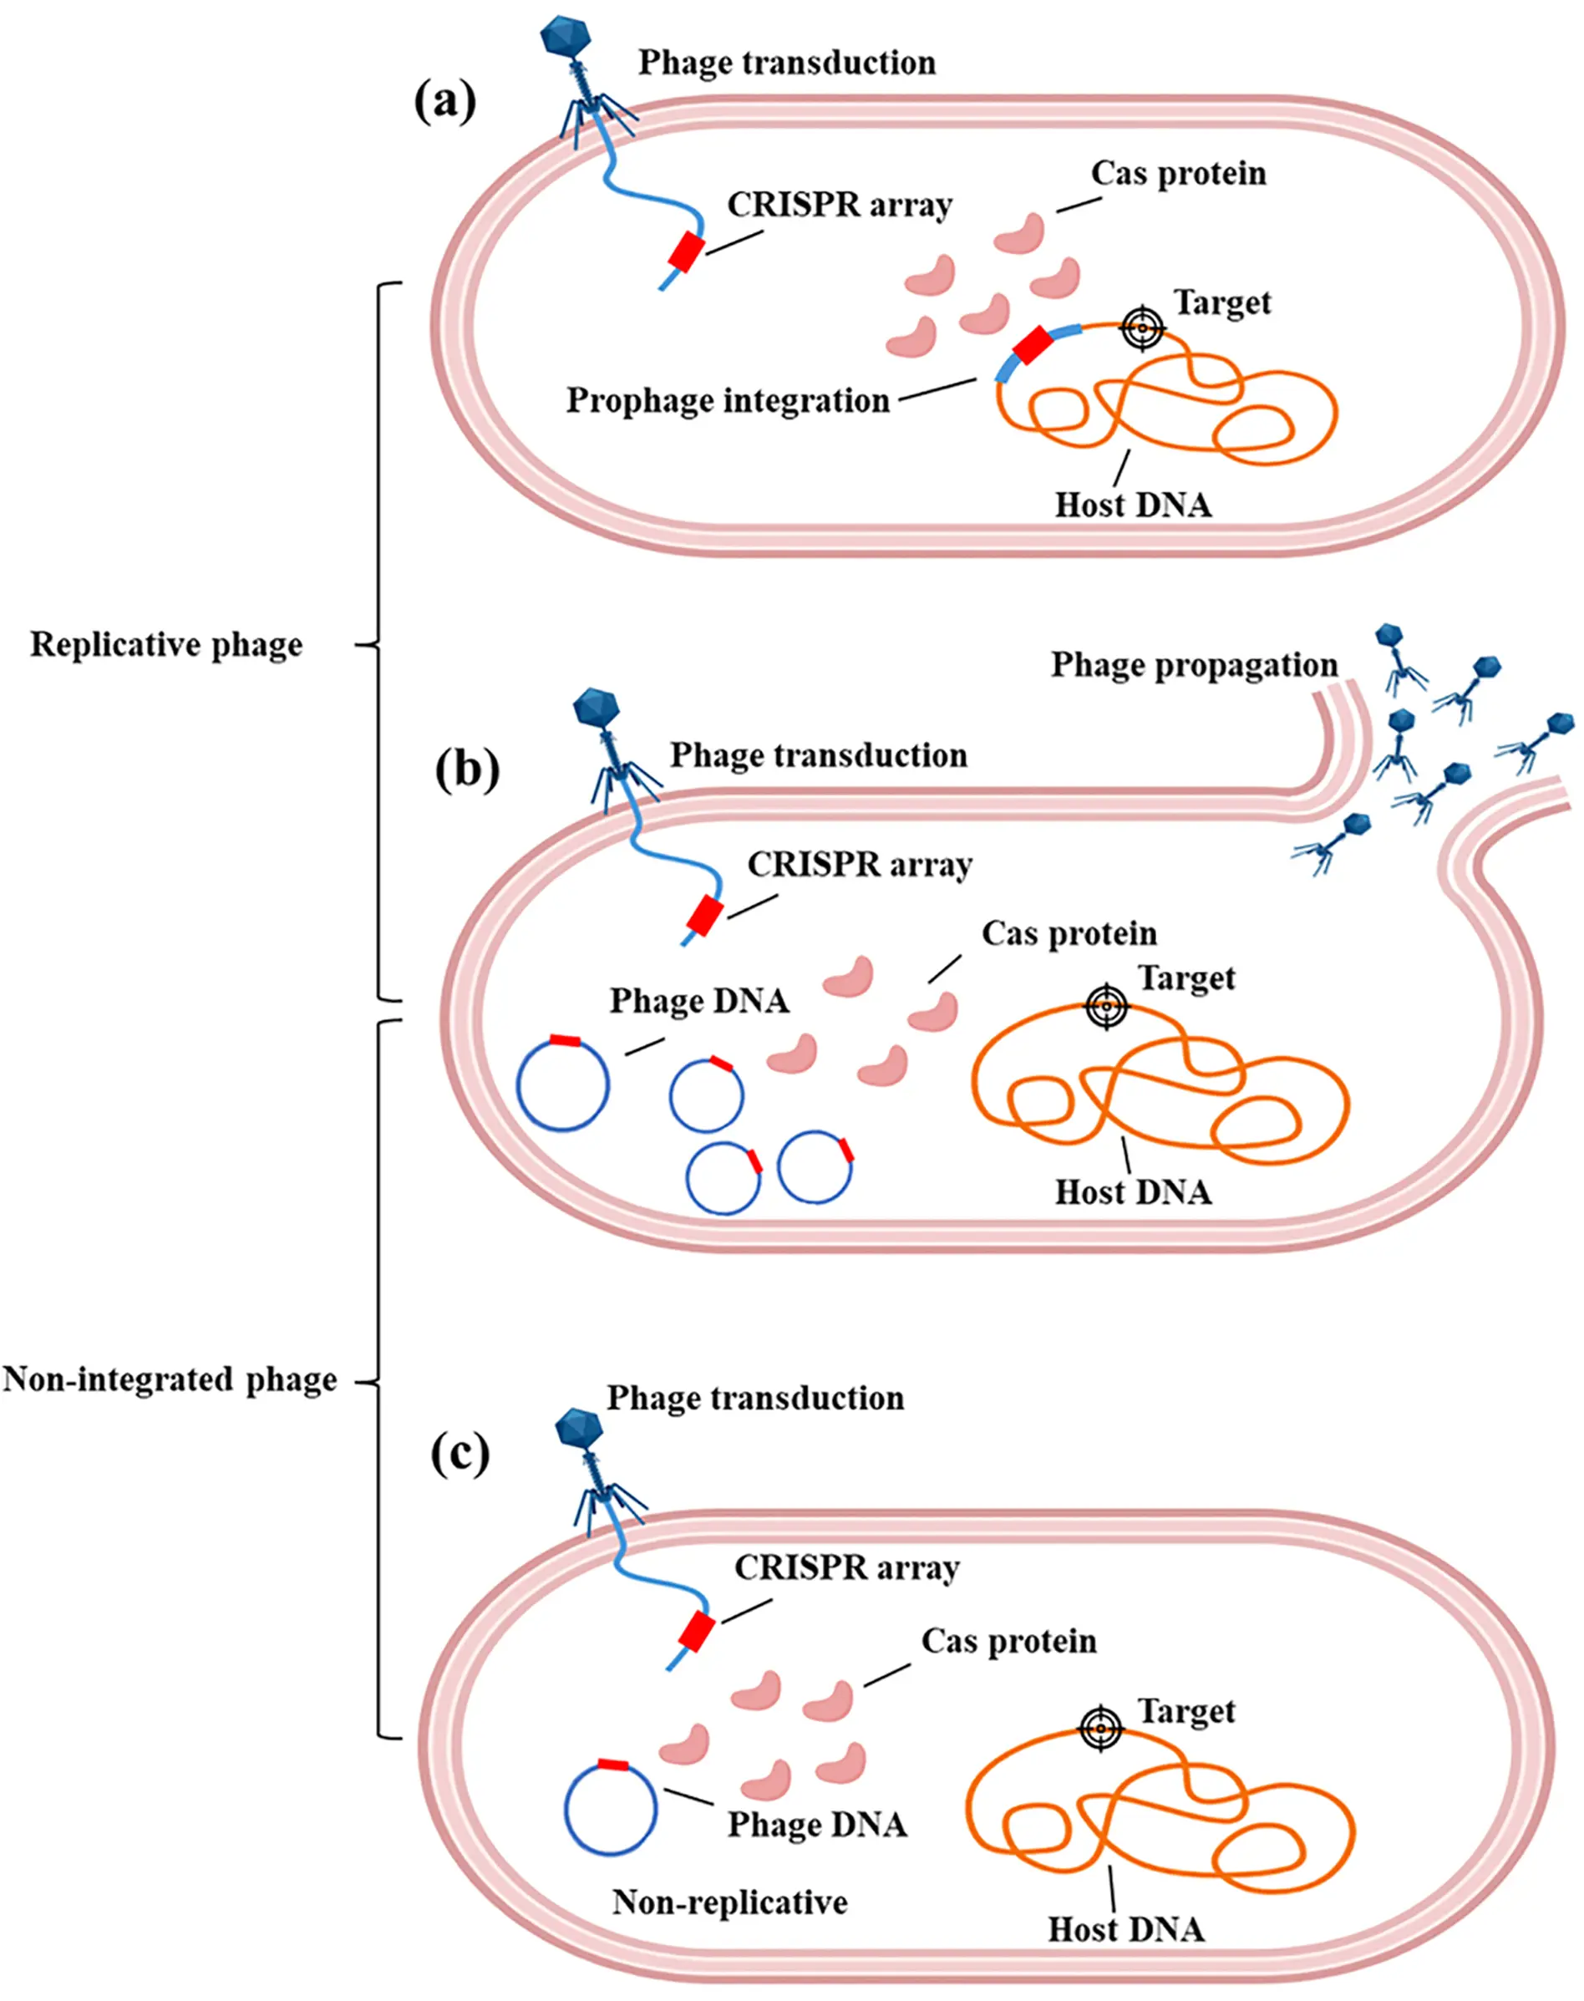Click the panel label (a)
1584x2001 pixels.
[444, 101]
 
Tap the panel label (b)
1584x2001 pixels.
[466, 769]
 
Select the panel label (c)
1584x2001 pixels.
[459, 1454]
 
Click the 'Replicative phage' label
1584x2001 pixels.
[166, 644]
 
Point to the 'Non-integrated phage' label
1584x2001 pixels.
[170, 1379]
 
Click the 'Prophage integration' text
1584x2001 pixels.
[728, 400]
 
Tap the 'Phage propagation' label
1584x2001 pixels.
[1194, 665]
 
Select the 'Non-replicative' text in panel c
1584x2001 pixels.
[730, 1902]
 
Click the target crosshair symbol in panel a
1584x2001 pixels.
[1143, 328]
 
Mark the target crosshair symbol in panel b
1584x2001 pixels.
[1106, 1006]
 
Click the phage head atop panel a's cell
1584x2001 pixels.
[567, 37]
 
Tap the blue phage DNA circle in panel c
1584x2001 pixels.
[612, 1808]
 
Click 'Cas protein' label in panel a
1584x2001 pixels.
[1178, 174]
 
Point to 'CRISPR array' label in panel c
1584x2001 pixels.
[846, 1568]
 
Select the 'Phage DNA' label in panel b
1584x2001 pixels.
[699, 1002]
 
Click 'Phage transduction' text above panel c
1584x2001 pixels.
[755, 1399]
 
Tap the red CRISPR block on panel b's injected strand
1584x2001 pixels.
[705, 915]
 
